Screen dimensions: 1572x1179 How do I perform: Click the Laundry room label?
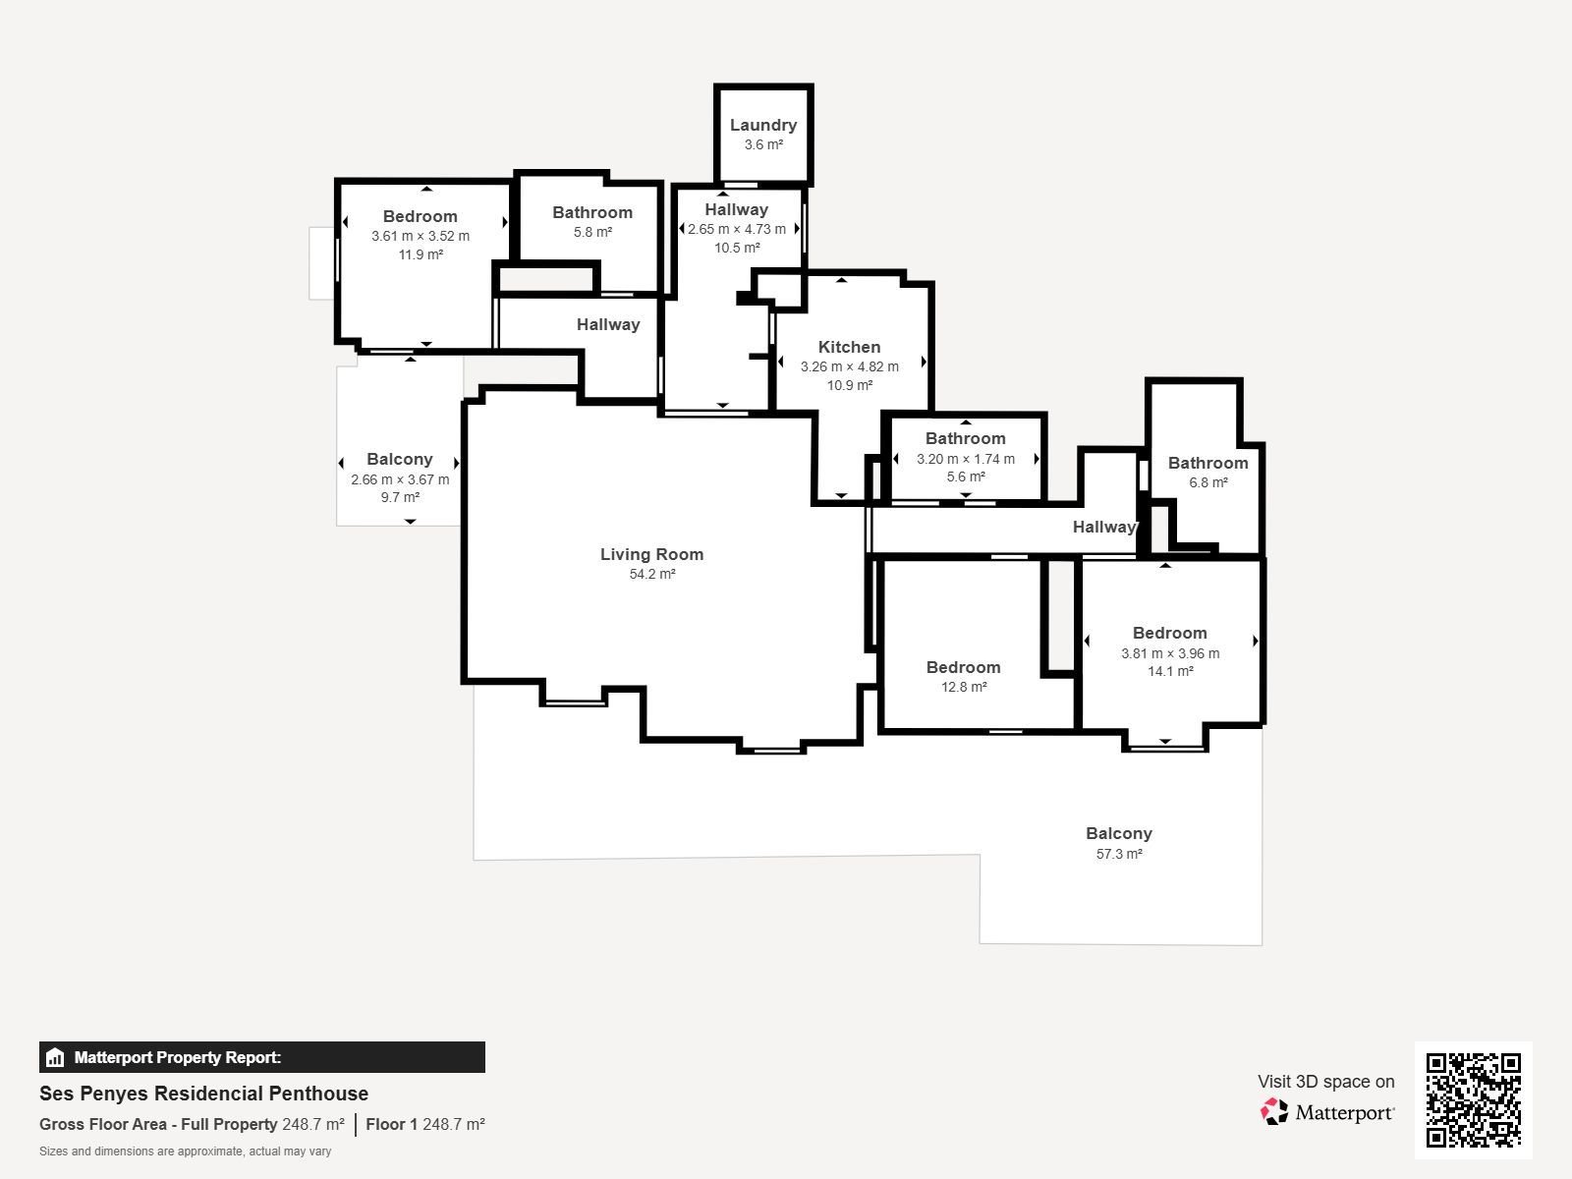click(x=762, y=126)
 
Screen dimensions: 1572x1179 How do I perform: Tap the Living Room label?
click(x=651, y=554)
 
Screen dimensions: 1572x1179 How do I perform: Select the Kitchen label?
click(x=850, y=347)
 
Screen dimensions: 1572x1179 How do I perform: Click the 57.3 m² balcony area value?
click(x=1119, y=854)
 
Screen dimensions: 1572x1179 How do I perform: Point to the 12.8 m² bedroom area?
click(x=964, y=687)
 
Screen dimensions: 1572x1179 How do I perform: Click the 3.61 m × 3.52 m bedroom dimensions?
click(x=421, y=236)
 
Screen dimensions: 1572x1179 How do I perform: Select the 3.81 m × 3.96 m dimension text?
click(x=1170, y=653)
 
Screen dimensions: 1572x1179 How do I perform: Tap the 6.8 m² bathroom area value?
click(x=1208, y=482)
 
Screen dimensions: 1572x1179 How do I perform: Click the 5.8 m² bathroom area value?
click(x=592, y=232)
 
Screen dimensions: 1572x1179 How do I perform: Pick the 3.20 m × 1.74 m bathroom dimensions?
click(x=966, y=459)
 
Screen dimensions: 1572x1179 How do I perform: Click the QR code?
click(x=1473, y=1099)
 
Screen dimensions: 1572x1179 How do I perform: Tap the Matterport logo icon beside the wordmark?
click(x=1274, y=1112)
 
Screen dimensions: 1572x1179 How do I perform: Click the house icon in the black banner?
click(x=55, y=1057)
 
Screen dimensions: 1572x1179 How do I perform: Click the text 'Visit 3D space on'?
click(x=1325, y=1082)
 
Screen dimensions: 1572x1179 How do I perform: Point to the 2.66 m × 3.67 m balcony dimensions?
click(x=400, y=479)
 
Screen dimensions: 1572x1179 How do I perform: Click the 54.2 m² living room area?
click(x=651, y=574)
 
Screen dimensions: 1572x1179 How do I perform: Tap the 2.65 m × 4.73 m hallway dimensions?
click(x=736, y=229)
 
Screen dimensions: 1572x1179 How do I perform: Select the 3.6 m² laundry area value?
click(x=763, y=144)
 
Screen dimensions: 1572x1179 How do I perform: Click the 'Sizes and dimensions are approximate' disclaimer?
click(x=186, y=1151)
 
